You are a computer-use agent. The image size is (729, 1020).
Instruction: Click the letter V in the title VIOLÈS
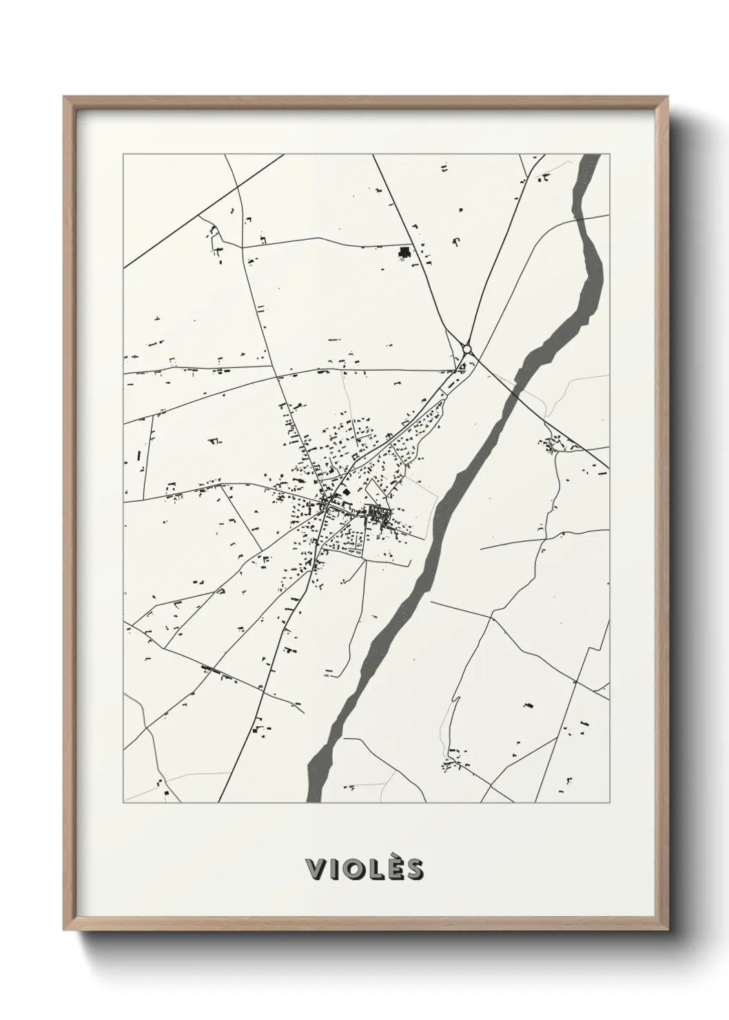coord(318,869)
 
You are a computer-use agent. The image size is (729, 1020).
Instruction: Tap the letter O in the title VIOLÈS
coord(353,869)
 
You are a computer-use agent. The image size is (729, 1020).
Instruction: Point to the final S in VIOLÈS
coord(413,869)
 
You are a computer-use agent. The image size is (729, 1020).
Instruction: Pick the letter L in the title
coord(376,869)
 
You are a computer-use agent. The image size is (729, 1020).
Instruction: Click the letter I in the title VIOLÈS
coord(335,869)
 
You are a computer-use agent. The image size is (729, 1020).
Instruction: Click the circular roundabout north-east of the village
coord(467,349)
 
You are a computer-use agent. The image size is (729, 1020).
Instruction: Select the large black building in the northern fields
coord(404,252)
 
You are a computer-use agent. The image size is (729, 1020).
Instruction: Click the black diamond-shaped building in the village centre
coord(346,492)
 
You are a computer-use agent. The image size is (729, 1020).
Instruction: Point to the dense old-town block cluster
coord(378,513)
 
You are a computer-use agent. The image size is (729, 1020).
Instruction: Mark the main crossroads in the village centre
coord(324,508)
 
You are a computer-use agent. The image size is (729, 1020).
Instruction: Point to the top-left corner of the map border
coord(123,154)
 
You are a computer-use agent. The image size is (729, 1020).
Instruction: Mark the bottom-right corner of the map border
coord(610,803)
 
